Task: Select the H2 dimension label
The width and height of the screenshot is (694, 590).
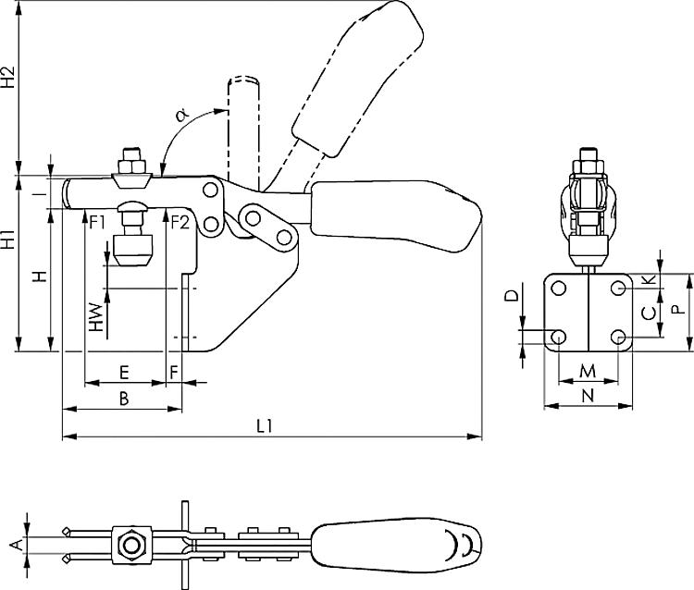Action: (x=8, y=76)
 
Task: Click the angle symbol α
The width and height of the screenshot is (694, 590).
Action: (x=181, y=115)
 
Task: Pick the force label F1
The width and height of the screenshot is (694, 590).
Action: (x=99, y=221)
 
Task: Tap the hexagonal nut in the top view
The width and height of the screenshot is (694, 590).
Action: (x=132, y=544)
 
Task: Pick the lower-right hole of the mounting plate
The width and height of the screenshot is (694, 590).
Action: (x=619, y=337)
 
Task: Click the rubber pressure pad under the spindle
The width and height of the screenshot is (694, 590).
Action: (x=130, y=249)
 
